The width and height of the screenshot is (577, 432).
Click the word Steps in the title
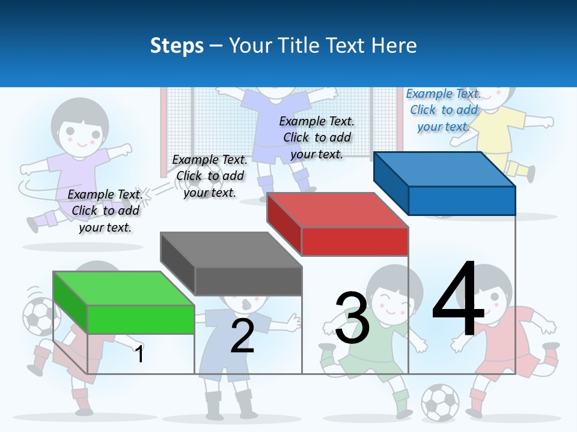(177, 46)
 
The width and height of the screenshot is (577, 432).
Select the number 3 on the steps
(352, 318)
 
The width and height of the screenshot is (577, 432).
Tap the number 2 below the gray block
(242, 336)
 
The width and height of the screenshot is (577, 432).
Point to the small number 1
(139, 354)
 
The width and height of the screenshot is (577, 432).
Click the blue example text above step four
(444, 110)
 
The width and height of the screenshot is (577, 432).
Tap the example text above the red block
(317, 137)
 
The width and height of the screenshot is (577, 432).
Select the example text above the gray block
(210, 176)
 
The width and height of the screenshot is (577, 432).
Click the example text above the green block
(105, 211)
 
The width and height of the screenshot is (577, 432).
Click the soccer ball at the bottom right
(440, 402)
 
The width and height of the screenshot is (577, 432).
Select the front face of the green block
(141, 319)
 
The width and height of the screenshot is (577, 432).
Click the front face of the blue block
(462, 200)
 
